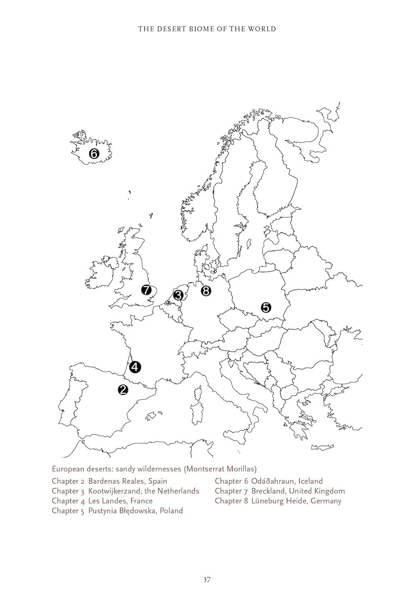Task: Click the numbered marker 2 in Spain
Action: click(123, 389)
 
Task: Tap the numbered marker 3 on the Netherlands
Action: click(178, 295)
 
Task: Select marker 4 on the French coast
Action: click(135, 367)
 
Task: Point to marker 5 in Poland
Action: click(266, 307)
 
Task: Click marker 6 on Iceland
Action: click(93, 154)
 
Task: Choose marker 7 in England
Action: click(146, 290)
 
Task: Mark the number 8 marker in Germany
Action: click(206, 290)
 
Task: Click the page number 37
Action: click(206, 580)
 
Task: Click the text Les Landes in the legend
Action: click(106, 501)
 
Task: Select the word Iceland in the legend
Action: click(311, 481)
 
